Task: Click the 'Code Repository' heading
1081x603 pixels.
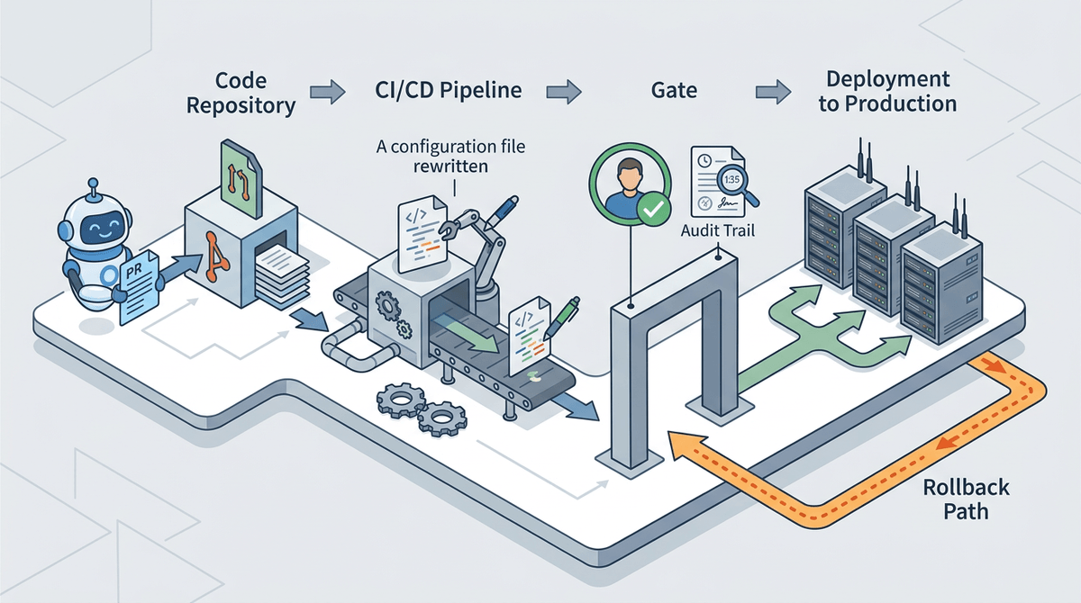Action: pyautogui.click(x=241, y=93)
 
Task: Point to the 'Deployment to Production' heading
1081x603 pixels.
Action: pyautogui.click(x=886, y=92)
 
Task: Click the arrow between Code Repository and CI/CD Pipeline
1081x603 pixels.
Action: pyautogui.click(x=325, y=91)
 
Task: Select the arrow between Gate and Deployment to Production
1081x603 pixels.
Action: pyautogui.click(x=773, y=91)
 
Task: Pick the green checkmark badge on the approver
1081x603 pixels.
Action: pyautogui.click(x=651, y=211)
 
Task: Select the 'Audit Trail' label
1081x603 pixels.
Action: pyautogui.click(x=717, y=231)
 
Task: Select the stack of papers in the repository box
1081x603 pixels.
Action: pyautogui.click(x=279, y=270)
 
